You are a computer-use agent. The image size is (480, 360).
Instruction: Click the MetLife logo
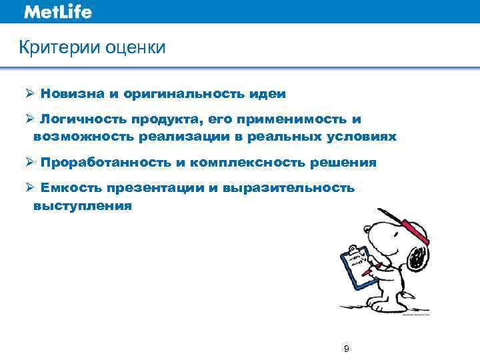click(x=57, y=12)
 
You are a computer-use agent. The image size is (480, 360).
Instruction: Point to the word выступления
click(x=83, y=206)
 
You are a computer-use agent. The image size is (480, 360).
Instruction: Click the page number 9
click(x=346, y=348)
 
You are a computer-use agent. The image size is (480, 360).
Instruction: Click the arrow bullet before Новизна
click(x=30, y=94)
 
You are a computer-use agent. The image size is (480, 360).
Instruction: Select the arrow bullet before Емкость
click(x=30, y=188)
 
